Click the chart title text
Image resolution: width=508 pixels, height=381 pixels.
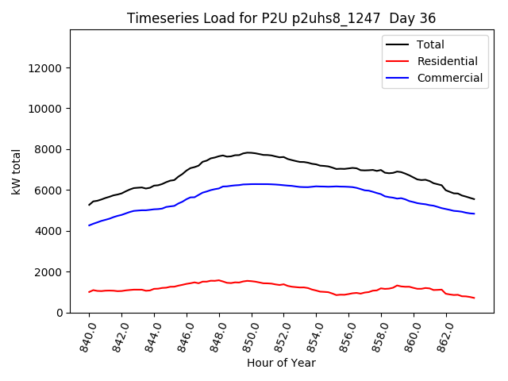coord(281,18)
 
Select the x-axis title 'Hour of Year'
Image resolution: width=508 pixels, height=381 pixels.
coord(281,363)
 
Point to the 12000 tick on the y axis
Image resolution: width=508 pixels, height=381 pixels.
coord(45,68)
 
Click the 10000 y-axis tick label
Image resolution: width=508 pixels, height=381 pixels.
coord(45,109)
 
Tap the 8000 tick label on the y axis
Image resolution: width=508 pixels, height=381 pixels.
coord(48,150)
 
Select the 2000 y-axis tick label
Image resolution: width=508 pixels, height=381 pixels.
coord(48,272)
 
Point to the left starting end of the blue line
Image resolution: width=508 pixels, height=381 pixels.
coord(90,225)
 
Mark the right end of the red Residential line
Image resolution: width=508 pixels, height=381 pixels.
coord(474,298)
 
